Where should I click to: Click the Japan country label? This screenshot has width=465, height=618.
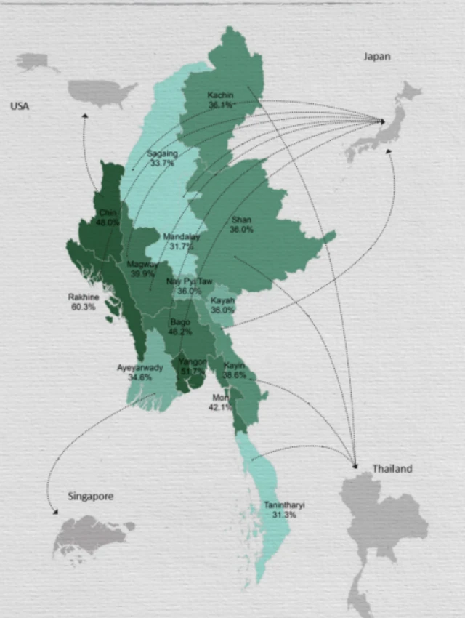pyautogui.click(x=376, y=57)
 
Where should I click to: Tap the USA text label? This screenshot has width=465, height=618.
pyautogui.click(x=20, y=106)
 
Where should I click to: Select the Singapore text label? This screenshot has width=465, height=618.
pyautogui.click(x=91, y=497)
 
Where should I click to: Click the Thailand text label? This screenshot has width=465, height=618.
pyautogui.click(x=392, y=469)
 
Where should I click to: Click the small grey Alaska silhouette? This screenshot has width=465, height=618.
pyautogui.click(x=34, y=62)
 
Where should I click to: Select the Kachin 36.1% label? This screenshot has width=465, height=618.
pyautogui.click(x=220, y=100)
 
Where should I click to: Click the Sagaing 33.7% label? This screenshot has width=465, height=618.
pyautogui.click(x=161, y=158)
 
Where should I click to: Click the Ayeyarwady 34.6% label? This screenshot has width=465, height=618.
pyautogui.click(x=139, y=372)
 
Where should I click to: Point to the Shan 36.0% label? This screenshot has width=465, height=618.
pyautogui.click(x=241, y=224)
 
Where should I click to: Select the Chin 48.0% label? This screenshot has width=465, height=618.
pyautogui.click(x=108, y=217)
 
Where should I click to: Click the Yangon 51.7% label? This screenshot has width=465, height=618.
pyautogui.click(x=193, y=366)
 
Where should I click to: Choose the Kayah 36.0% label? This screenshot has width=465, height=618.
pyautogui.click(x=222, y=305)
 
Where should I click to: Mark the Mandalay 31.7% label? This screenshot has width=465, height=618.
pyautogui.click(x=181, y=241)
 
